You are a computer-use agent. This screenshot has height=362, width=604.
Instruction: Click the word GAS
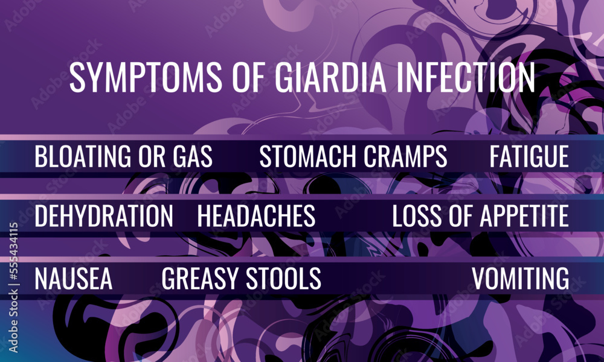[190, 156]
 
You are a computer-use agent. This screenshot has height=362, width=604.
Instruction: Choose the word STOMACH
[305, 156]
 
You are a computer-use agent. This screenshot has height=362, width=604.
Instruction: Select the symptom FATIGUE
[529, 156]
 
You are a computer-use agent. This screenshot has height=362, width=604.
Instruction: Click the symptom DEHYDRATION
[103, 216]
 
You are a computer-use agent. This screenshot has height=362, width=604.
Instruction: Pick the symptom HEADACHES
[256, 216]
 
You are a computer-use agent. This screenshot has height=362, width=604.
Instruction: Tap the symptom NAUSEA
[73, 278]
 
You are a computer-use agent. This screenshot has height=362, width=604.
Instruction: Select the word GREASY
[200, 278]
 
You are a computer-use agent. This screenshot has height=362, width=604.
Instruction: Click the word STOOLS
[283, 278]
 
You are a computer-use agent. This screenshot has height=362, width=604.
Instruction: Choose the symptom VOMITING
[520, 278]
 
